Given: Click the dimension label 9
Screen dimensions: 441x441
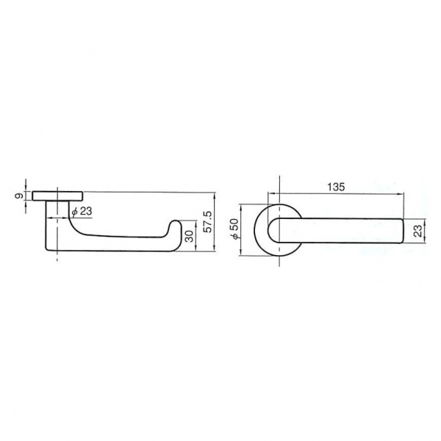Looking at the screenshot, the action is coord(19,196).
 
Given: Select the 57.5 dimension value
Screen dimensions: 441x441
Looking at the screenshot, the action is coord(208,222).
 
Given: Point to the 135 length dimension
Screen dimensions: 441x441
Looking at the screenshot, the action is coord(336,187).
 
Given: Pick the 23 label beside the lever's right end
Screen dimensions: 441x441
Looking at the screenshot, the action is coord(419,231).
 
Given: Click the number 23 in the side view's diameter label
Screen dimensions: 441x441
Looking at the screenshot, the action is coord(86,211).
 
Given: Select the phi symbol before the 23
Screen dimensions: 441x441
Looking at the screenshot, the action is coord(74,212).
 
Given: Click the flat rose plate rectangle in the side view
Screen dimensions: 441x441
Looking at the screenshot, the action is coord(57,196).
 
